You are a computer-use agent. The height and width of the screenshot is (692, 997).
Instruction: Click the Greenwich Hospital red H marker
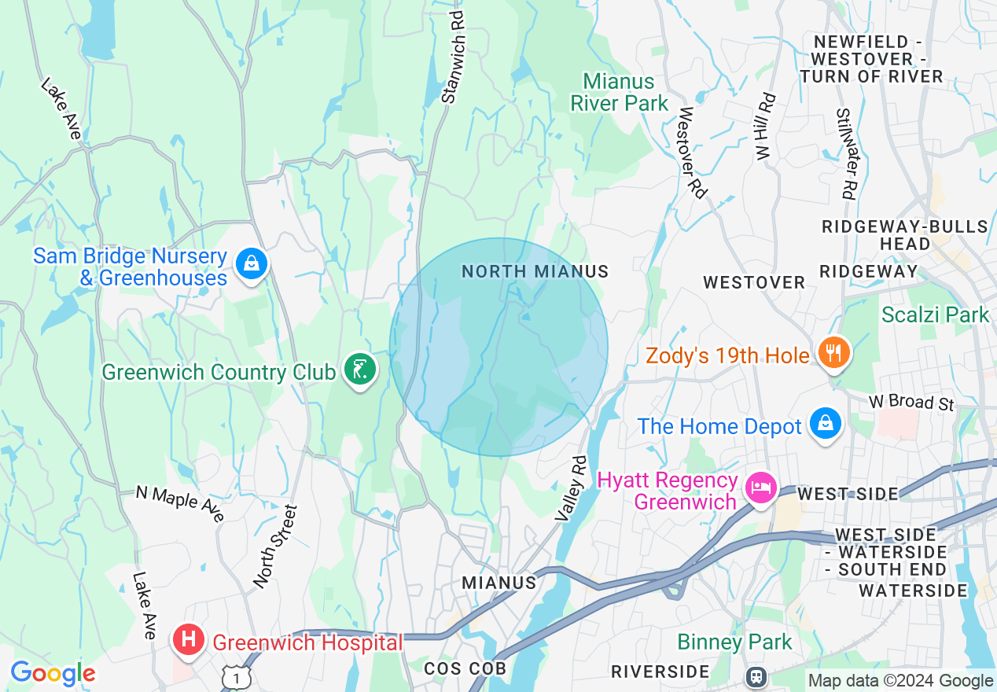tap(189, 639)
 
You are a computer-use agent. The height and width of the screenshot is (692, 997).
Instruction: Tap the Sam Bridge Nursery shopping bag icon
tap(251, 264)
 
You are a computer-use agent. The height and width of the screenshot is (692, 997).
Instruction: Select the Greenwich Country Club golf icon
tap(360, 370)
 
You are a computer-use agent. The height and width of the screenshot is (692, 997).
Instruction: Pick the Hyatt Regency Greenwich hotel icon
tap(761, 488)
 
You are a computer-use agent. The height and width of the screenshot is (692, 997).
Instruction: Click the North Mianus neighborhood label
tap(535, 271)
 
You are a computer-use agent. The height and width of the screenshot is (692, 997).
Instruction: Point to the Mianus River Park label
tap(619, 92)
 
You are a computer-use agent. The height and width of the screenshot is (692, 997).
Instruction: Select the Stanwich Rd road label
tap(453, 57)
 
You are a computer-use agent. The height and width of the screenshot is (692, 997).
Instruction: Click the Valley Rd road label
tap(571, 488)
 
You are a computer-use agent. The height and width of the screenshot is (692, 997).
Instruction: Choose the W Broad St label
tap(911, 402)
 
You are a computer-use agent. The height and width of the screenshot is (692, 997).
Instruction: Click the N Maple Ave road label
tap(179, 502)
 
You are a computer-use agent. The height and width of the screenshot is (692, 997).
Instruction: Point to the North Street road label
tap(275, 547)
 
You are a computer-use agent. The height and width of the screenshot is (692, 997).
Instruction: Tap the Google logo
tap(53, 673)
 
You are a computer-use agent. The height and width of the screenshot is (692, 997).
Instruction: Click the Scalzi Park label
tap(935, 315)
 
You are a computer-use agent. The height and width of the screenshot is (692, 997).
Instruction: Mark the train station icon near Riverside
tap(756, 675)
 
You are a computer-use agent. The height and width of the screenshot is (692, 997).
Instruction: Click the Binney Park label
tap(734, 642)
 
